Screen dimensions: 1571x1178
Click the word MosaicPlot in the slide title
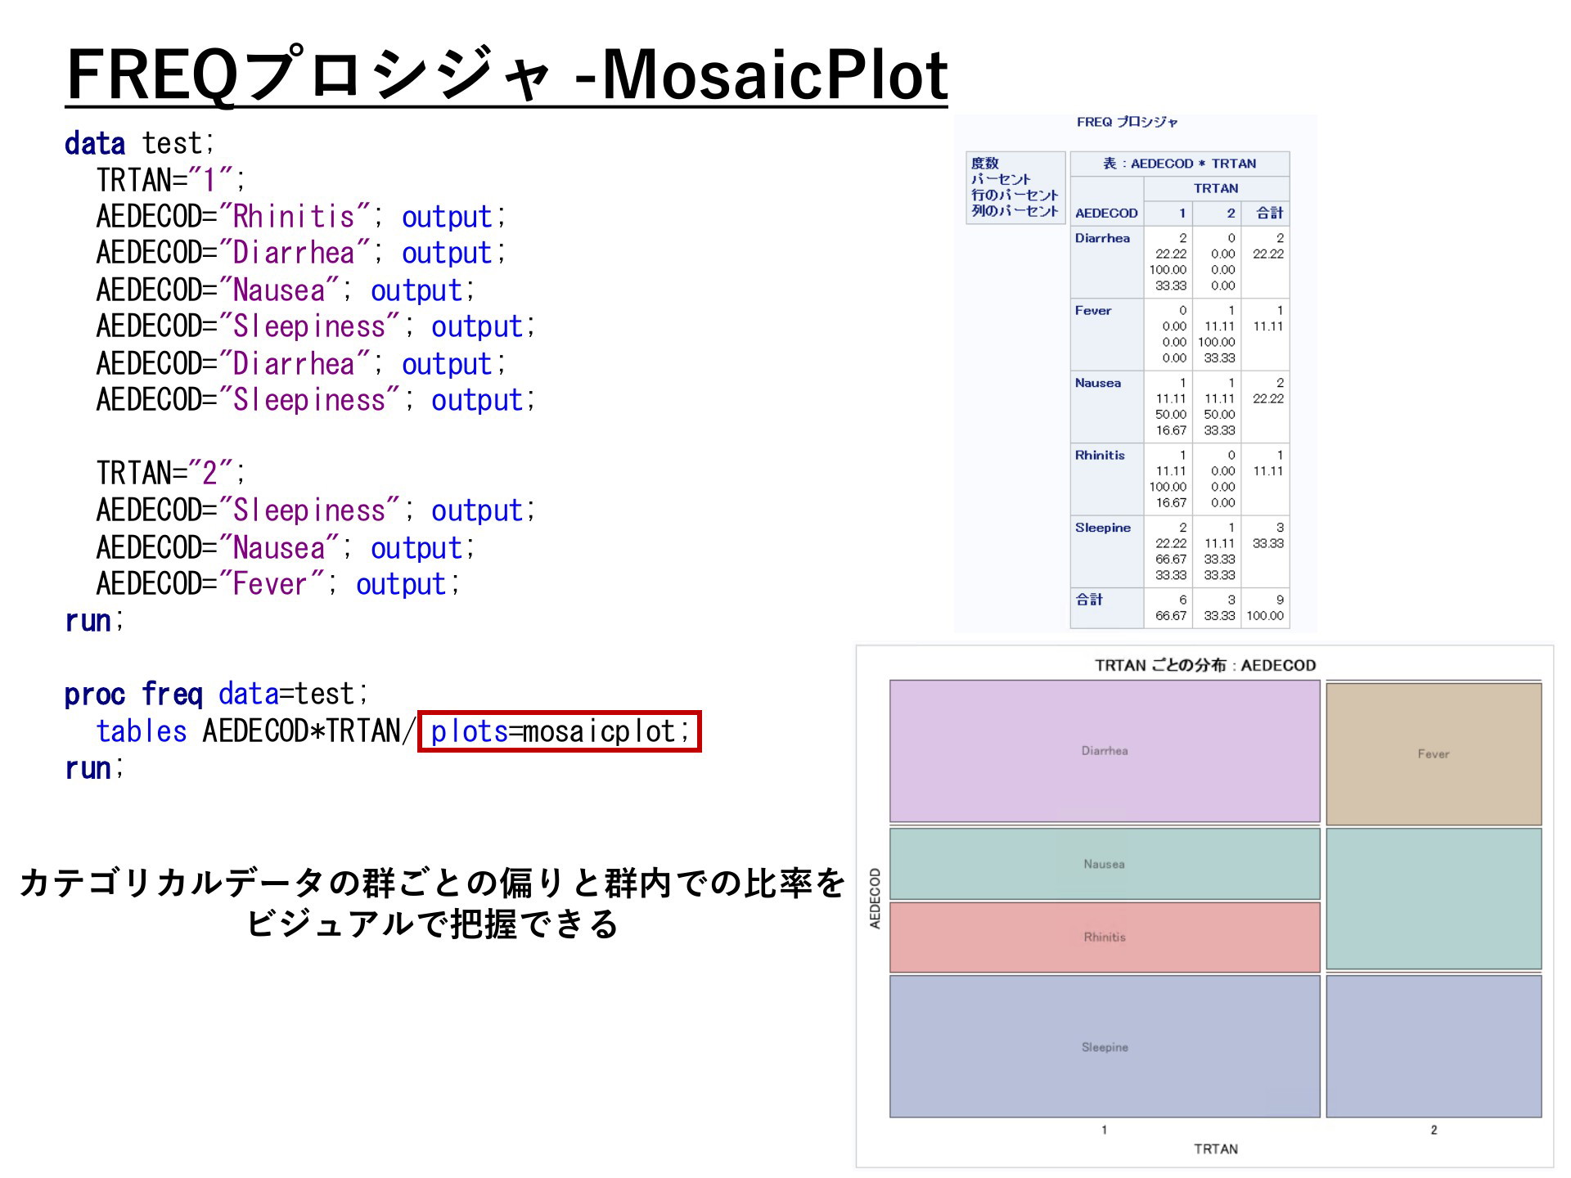point(774,75)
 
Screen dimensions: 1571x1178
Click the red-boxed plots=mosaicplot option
point(560,731)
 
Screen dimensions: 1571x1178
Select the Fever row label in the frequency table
point(1093,311)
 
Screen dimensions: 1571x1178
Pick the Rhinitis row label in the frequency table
point(1100,456)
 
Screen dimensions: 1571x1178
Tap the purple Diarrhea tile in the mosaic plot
point(1105,751)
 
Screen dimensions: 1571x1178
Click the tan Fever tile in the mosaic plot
point(1434,754)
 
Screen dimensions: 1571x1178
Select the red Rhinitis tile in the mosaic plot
point(1105,937)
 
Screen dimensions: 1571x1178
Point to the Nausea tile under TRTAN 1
point(1105,864)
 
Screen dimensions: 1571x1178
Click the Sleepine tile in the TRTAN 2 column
point(1434,1046)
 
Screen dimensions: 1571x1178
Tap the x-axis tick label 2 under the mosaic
point(1434,1130)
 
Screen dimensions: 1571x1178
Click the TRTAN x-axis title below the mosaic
point(1216,1149)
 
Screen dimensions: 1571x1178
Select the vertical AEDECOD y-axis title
point(875,898)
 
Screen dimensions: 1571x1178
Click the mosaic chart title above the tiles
point(1205,665)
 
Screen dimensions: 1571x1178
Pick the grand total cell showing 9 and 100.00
point(1265,608)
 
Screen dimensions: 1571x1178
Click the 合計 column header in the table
point(1270,214)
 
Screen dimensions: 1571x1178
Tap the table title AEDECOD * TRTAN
point(1180,164)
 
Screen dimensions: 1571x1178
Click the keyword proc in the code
point(95,695)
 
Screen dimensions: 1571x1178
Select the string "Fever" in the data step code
point(270,584)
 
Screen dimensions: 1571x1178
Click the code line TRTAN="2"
point(170,473)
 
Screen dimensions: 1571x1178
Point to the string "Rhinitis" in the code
point(294,216)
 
